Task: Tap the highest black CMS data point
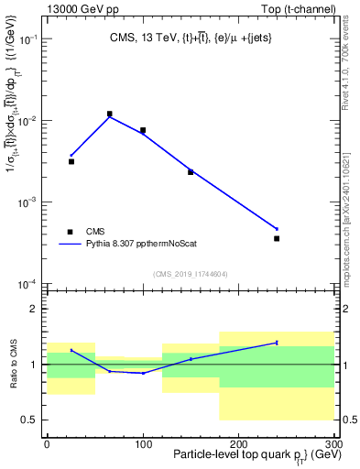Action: (110, 115)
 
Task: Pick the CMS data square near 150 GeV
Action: (191, 171)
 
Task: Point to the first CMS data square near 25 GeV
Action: (71, 161)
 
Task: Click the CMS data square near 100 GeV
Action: (143, 130)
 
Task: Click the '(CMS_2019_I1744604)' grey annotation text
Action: (191, 274)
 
